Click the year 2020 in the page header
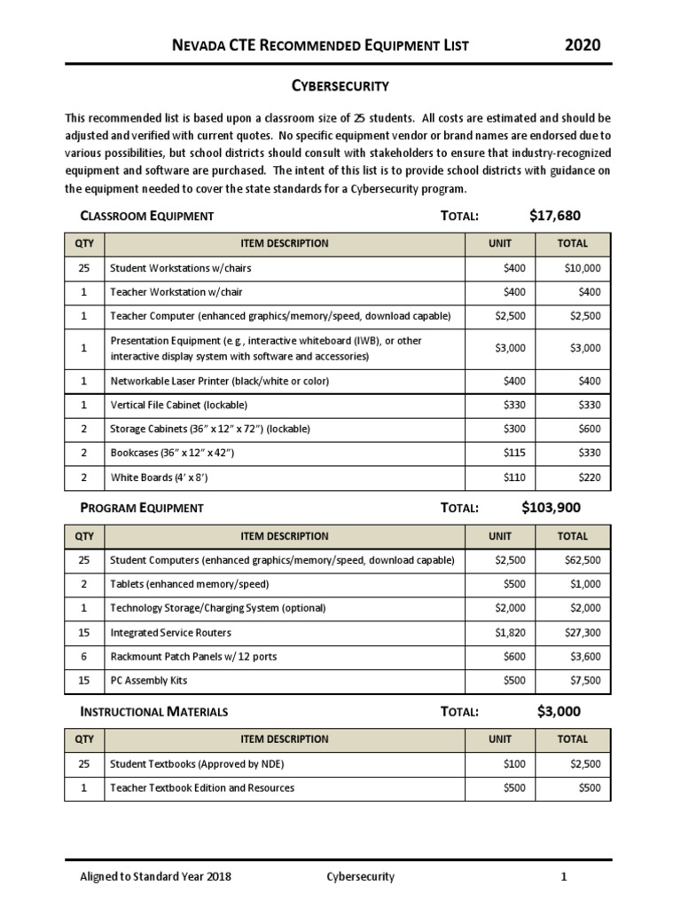tap(583, 45)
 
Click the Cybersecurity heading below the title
tap(341, 86)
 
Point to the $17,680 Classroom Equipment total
tap(555, 216)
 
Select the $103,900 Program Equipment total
tap(552, 508)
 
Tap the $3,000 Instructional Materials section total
tap(560, 711)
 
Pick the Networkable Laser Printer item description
tap(219, 381)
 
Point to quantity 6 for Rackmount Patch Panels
tap(83, 657)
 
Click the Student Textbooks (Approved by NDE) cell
tap(197, 763)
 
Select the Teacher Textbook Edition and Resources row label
tap(202, 787)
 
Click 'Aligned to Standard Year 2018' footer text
tap(156, 877)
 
